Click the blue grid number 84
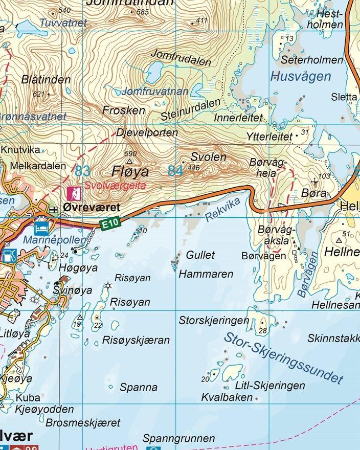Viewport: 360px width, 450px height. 175,171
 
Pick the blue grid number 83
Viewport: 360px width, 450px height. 83,170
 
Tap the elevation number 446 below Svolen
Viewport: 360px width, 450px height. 194,168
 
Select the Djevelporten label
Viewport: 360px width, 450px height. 147,133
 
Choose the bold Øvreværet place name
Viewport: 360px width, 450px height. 92,208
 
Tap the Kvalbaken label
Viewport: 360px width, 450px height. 227,397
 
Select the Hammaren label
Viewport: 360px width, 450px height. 206,274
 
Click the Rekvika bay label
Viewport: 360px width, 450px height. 222,210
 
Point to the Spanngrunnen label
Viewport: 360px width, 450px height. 179,439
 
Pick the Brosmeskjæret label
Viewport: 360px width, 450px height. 83,423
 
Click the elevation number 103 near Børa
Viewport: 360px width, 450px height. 324,176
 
